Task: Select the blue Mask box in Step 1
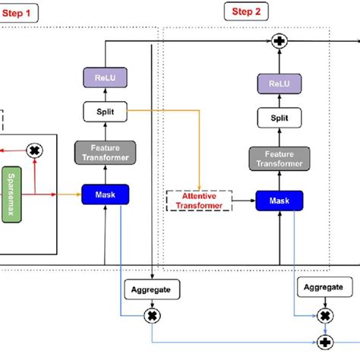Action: coord(105,194)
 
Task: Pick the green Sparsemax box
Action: coord(33,194)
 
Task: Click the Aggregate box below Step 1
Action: coord(154,289)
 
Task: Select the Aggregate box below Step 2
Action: coord(324,287)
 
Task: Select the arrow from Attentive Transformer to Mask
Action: coord(242,201)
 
